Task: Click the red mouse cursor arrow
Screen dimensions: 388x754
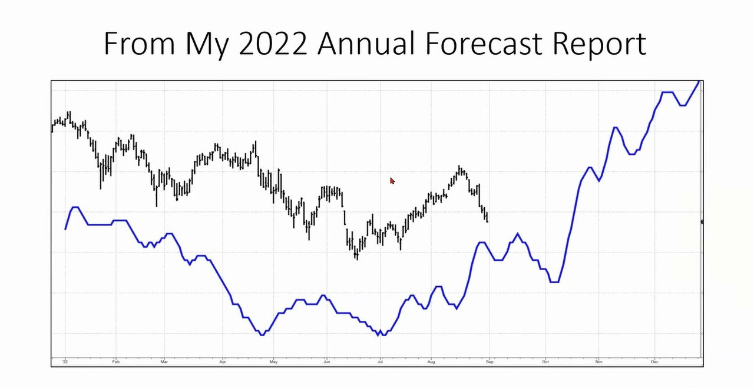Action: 392,181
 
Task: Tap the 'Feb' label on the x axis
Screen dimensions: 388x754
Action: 116,362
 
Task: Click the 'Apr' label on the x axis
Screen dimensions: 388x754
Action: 223,362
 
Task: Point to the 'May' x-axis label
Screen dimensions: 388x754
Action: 273,362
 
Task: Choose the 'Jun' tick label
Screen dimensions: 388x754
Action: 326,362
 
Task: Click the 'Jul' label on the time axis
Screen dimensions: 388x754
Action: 380,362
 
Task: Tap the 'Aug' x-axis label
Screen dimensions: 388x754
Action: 431,362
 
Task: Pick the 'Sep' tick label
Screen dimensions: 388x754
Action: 490,362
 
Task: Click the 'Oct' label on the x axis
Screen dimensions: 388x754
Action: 545,362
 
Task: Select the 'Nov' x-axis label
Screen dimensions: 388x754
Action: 598,362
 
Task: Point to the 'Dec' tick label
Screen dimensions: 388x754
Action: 654,362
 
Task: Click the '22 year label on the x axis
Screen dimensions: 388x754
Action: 65,362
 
